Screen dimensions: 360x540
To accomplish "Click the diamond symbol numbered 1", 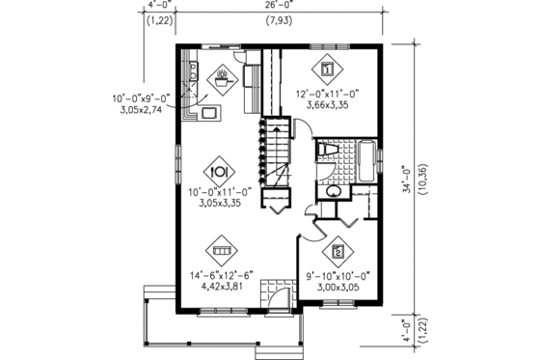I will pyautogui.click(x=327, y=69).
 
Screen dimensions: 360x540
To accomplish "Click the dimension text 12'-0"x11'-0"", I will pyautogui.click(x=326, y=96).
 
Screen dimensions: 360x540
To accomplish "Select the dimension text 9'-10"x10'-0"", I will pyautogui.click(x=337, y=274).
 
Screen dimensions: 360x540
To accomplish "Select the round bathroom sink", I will pyautogui.click(x=333, y=191).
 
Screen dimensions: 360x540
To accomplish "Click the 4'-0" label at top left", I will pyautogui.click(x=159, y=6).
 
